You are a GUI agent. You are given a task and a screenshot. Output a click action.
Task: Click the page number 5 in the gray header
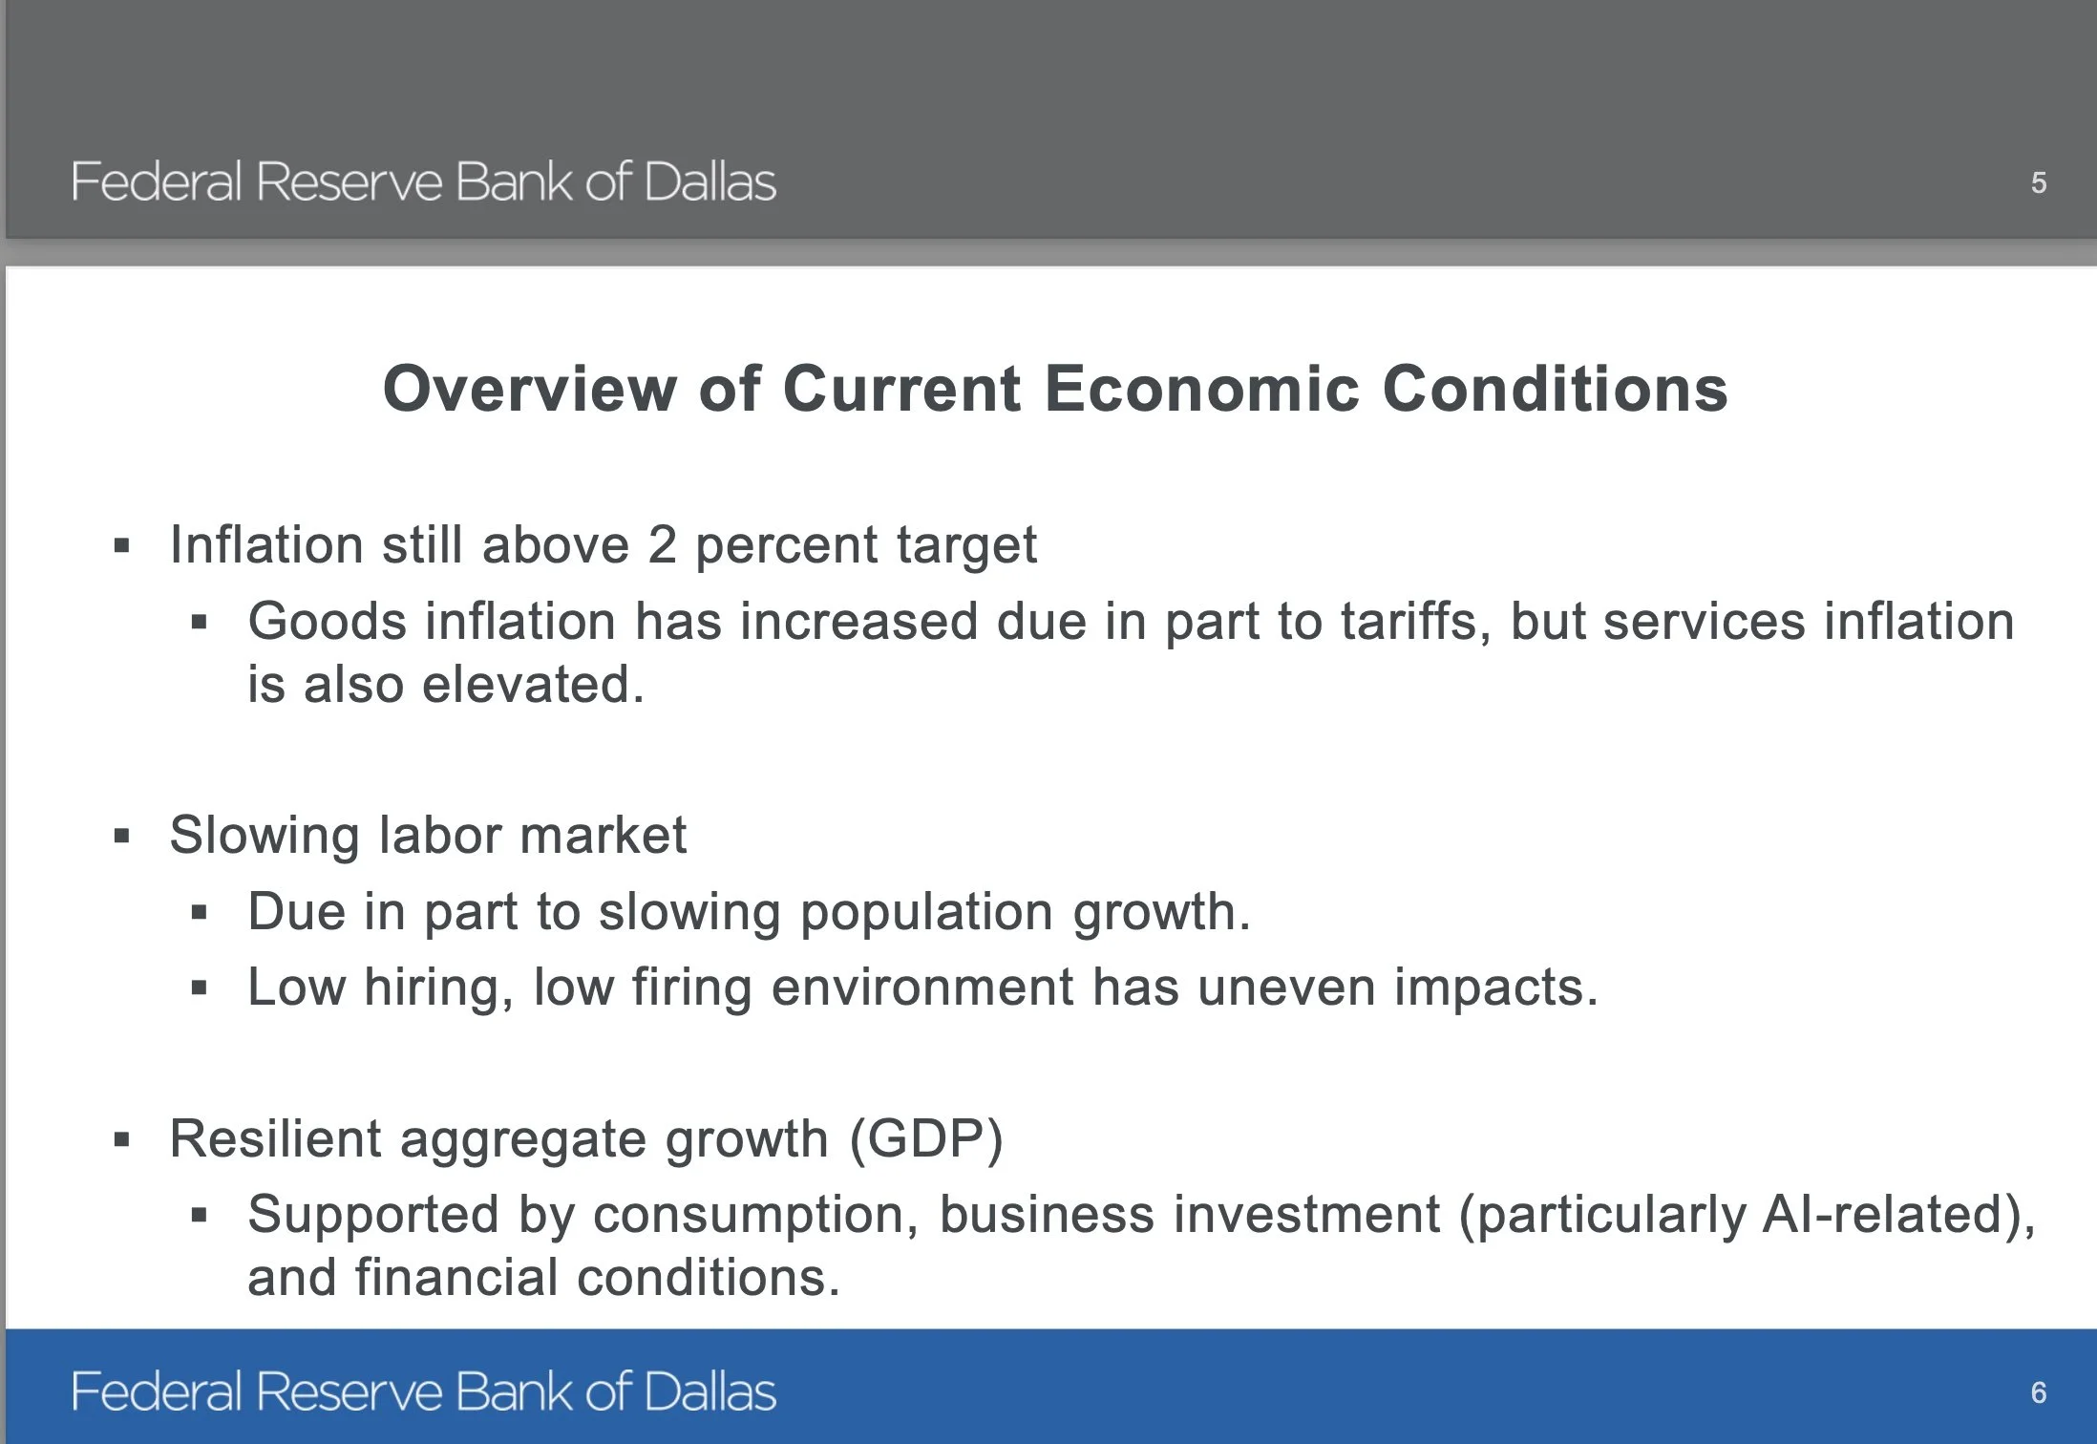click(2038, 182)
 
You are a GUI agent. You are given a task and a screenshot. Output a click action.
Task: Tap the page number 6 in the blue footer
click(2038, 1392)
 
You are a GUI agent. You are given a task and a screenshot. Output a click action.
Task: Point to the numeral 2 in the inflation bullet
click(663, 544)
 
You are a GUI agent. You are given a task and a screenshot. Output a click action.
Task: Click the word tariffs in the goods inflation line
click(1415, 622)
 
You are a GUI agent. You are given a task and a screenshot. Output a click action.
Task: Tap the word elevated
click(533, 685)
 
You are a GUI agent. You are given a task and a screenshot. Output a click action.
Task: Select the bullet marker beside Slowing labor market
click(121, 837)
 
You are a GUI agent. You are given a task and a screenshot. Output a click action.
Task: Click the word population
click(926, 913)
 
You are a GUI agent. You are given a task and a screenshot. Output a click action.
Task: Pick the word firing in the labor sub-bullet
click(691, 987)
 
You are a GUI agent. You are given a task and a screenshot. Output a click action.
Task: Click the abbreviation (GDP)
click(926, 1139)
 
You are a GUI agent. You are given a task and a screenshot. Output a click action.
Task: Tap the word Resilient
click(276, 1138)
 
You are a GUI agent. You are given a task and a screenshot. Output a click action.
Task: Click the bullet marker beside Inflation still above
click(121, 546)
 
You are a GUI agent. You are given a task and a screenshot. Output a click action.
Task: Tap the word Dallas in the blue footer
click(710, 1391)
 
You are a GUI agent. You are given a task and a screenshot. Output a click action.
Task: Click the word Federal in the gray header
click(157, 181)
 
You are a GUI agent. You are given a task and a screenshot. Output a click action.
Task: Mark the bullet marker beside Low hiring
click(199, 988)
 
